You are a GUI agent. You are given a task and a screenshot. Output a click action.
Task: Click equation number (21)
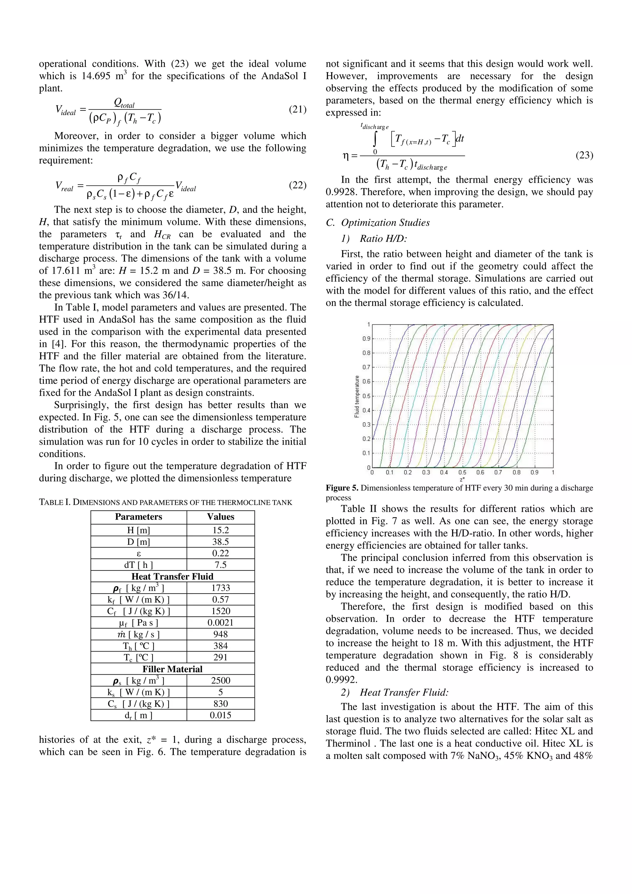pos(297,110)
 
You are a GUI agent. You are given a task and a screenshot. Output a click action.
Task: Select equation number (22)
pos(297,185)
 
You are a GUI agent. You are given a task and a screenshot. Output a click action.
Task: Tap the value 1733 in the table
pos(220,588)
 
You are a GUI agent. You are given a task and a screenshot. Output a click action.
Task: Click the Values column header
pos(220,517)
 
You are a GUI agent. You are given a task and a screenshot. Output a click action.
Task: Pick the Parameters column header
pos(138,517)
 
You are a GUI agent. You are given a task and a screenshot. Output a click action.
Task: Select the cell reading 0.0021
pos(220,623)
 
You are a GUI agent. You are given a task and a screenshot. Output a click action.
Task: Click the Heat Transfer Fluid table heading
pos(172,576)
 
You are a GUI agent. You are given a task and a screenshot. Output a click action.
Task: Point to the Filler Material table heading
pos(172,669)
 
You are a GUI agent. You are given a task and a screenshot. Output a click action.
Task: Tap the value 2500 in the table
pos(220,681)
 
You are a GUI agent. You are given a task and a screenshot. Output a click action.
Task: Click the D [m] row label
pos(138,542)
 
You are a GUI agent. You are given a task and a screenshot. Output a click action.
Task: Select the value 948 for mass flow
pos(220,634)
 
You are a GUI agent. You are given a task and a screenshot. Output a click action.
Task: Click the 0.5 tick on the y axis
pos(366,396)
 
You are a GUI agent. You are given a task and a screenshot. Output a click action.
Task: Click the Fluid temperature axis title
pos(357,396)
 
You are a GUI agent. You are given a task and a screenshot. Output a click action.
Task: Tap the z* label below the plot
pos(462,479)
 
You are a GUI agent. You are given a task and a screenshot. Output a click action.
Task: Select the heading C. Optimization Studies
pos(378,223)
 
